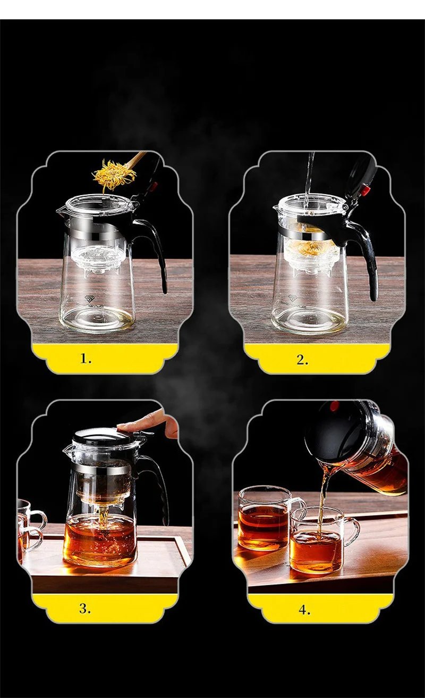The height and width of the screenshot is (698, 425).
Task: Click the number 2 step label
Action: click(x=302, y=360)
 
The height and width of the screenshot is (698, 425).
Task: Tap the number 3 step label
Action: click(x=85, y=609)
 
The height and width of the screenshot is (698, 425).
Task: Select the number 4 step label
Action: click(x=304, y=610)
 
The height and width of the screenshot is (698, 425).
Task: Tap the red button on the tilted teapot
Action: click(x=334, y=406)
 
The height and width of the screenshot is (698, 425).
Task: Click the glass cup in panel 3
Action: click(x=27, y=527)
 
